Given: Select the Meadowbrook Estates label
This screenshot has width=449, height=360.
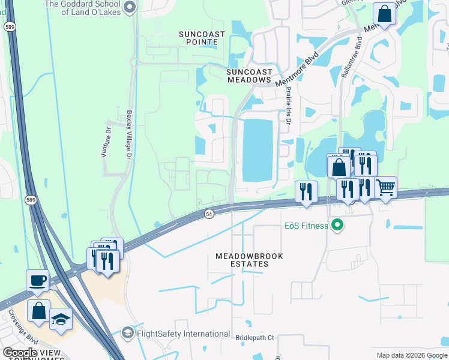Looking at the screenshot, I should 249,260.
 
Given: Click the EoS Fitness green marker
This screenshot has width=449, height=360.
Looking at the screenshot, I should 337,226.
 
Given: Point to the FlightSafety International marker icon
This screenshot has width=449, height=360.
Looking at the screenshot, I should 127,332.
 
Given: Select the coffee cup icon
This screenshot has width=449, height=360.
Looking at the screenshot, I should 37,280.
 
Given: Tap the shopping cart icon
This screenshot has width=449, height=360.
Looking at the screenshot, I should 385,187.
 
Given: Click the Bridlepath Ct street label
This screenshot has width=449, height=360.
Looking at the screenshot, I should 255,338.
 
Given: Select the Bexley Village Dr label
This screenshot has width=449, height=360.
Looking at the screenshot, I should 128,134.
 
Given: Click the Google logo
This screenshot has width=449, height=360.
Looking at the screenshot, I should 20,353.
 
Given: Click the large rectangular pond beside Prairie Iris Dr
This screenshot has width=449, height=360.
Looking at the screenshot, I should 258,149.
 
